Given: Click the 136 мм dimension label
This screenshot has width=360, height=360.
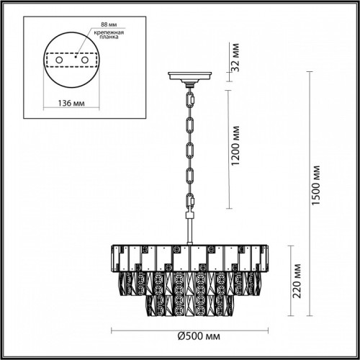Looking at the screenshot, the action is tap(71, 103).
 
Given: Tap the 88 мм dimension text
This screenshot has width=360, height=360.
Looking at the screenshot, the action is tap(109, 24).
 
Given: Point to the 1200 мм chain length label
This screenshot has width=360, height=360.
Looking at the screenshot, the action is tap(236, 145).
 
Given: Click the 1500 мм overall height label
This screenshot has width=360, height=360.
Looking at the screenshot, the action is tap(316, 185).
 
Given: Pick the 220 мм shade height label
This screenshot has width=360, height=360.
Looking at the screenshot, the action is tap(297, 281).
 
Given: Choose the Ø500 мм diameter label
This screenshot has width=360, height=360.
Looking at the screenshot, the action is tap(199, 336).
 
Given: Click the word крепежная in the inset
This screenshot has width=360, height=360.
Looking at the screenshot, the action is tap(109, 32).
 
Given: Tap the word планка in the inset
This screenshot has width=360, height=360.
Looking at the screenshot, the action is tap(109, 37).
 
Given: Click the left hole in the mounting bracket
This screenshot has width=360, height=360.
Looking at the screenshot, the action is tap(59, 60).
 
